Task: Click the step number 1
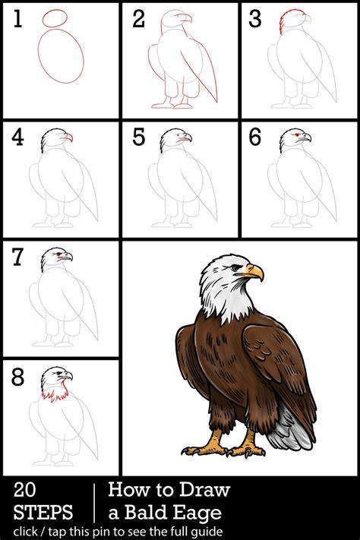click(x=18, y=18)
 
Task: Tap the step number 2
click(x=139, y=18)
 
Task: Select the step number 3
click(x=255, y=18)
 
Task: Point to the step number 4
click(x=17, y=137)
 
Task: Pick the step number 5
click(x=139, y=137)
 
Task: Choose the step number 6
click(x=255, y=137)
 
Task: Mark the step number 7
click(x=18, y=257)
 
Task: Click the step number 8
click(x=18, y=377)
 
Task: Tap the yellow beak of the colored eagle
click(x=254, y=272)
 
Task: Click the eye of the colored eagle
click(x=235, y=267)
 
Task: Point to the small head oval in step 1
click(x=55, y=17)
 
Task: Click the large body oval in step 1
click(x=61, y=55)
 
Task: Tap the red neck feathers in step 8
click(x=55, y=393)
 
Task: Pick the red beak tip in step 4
click(x=69, y=137)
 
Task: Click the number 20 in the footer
click(x=24, y=489)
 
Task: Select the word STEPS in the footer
click(x=43, y=512)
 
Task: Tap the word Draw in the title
click(x=205, y=489)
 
